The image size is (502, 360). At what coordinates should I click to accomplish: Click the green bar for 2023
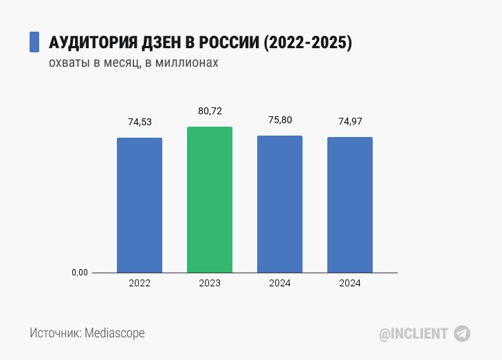click(x=210, y=200)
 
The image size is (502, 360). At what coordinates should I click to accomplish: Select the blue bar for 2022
click(x=140, y=205)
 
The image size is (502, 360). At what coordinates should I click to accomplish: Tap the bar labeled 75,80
click(x=280, y=204)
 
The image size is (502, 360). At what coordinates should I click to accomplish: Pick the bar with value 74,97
click(x=350, y=204)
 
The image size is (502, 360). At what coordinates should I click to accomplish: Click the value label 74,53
click(x=140, y=122)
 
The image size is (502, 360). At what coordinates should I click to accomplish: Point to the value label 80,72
click(x=210, y=111)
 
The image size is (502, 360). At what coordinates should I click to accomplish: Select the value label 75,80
click(x=280, y=120)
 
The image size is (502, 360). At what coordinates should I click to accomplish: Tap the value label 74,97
click(x=350, y=121)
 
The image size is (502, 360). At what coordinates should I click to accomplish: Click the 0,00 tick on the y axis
click(x=80, y=273)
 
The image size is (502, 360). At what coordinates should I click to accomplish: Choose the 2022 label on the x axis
click(x=140, y=284)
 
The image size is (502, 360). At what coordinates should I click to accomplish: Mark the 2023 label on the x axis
click(x=210, y=284)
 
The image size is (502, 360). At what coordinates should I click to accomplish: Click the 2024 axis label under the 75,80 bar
click(x=280, y=284)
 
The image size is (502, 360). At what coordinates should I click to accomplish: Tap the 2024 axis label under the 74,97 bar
click(x=350, y=284)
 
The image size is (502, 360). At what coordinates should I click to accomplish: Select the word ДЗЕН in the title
click(x=160, y=42)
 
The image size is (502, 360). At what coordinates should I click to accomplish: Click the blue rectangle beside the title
click(x=34, y=41)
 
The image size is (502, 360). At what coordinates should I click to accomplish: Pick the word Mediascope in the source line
click(x=115, y=333)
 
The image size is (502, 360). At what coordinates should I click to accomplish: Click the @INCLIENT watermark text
click(x=413, y=334)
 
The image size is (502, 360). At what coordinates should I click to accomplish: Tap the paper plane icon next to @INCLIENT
click(x=462, y=334)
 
